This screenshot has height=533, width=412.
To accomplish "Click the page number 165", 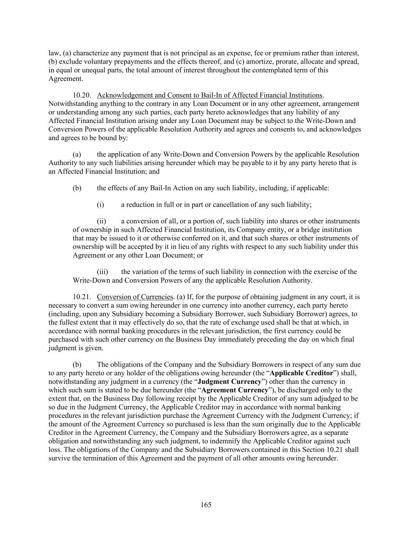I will pyautogui.click(x=206, y=505).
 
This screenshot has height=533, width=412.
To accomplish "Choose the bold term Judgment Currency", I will pyautogui.click(x=230, y=381).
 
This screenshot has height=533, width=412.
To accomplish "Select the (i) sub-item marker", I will pyautogui.click(x=100, y=205).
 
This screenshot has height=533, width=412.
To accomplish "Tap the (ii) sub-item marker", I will pyautogui.click(x=101, y=221).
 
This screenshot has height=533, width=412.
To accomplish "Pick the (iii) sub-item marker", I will pyautogui.click(x=102, y=272).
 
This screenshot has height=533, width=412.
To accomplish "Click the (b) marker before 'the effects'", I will pyautogui.click(x=77, y=188).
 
